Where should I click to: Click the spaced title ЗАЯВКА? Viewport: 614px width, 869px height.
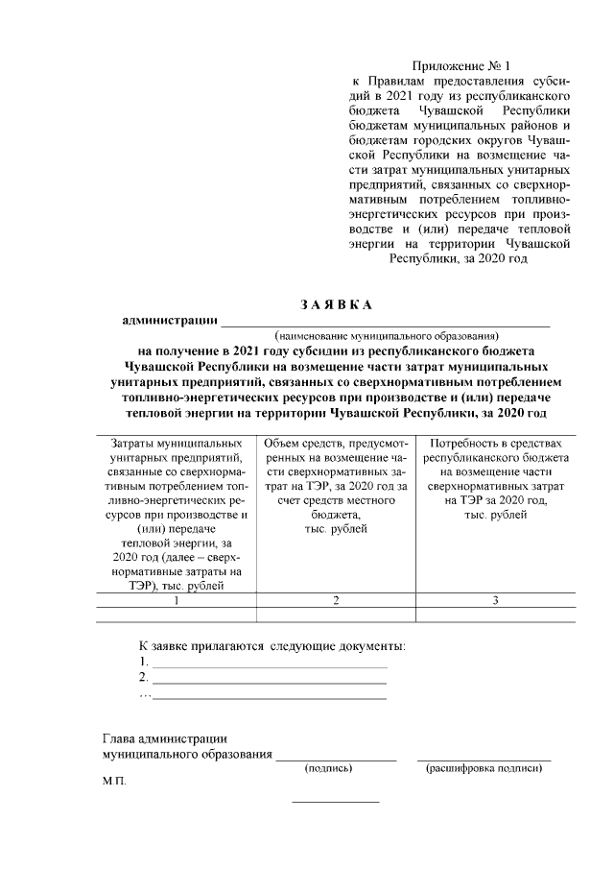point(336,304)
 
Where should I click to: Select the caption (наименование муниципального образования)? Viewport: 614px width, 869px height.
point(387,336)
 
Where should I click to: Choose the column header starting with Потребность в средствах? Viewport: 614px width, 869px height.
point(494,479)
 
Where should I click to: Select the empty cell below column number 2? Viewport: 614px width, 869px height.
point(336,616)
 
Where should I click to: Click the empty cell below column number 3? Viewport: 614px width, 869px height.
point(494,616)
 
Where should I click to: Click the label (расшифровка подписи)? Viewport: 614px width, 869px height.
point(484,769)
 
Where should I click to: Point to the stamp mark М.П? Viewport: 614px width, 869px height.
point(113,783)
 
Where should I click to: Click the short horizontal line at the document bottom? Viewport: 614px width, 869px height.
point(335,802)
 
